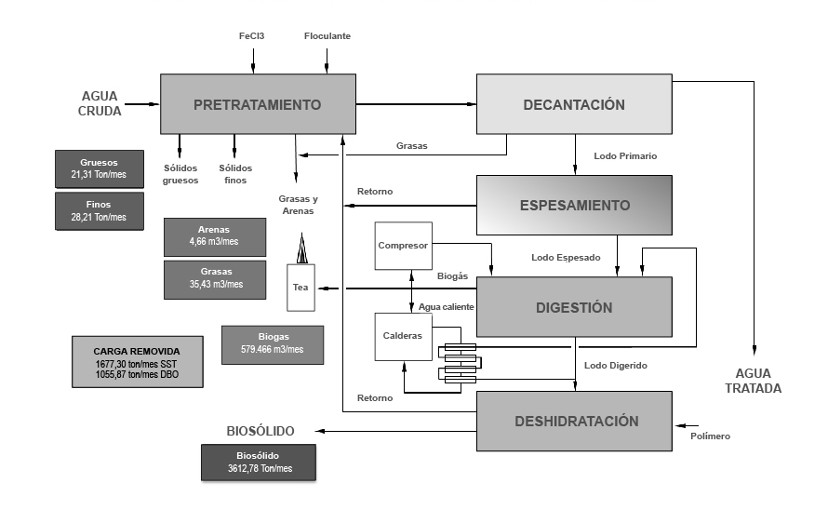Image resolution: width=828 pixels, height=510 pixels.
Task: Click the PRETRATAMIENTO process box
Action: (x=257, y=104)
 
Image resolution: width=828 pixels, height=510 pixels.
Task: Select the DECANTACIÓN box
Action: (x=574, y=104)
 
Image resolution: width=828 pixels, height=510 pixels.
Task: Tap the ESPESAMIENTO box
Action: (x=574, y=205)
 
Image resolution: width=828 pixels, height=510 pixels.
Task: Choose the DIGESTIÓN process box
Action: (x=574, y=307)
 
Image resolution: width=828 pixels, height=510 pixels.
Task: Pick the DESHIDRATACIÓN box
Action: (x=574, y=421)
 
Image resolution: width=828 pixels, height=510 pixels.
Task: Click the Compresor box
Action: (x=403, y=246)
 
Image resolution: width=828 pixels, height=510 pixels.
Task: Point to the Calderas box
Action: (x=403, y=335)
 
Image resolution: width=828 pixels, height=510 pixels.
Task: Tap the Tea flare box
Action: (x=300, y=287)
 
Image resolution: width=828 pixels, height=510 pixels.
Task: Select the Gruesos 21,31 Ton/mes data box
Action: (x=100, y=168)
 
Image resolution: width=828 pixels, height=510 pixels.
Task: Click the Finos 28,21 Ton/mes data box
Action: (x=100, y=210)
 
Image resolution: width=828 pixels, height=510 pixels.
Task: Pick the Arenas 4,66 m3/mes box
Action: (x=214, y=236)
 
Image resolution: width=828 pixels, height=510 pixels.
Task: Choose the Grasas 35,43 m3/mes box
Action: (x=214, y=279)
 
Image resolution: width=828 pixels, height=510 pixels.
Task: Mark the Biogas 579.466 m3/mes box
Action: (x=273, y=344)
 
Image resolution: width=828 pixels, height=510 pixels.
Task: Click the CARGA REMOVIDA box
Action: (x=138, y=360)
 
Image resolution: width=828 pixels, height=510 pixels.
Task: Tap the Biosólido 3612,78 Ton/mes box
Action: (x=259, y=463)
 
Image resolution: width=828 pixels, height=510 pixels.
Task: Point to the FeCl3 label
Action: (x=253, y=36)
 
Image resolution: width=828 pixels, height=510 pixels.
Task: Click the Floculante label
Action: (x=327, y=36)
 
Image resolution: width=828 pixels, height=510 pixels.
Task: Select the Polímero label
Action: (x=710, y=436)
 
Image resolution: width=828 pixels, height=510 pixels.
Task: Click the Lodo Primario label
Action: (x=625, y=156)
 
